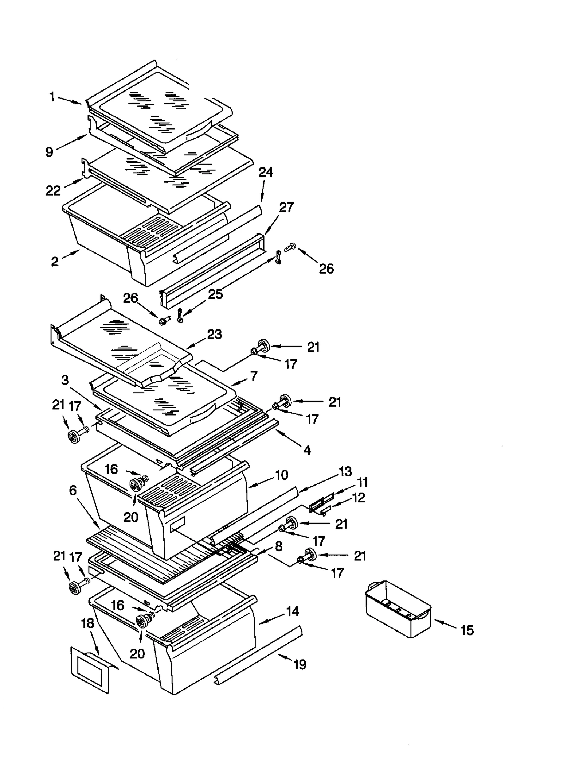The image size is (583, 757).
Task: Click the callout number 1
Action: [52, 97]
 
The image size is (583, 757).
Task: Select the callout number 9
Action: [49, 152]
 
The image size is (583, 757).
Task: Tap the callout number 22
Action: [53, 190]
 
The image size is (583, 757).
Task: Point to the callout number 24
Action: [266, 172]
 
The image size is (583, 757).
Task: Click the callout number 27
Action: [286, 207]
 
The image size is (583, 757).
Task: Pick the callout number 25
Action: [215, 294]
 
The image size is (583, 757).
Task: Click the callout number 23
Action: [214, 334]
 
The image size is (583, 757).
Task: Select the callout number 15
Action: [467, 630]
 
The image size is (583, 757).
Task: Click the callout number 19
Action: [300, 664]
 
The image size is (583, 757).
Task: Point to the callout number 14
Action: [293, 611]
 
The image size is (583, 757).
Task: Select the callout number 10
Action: [282, 475]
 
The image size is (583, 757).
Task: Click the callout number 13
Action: [345, 471]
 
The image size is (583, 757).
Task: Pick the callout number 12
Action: [359, 498]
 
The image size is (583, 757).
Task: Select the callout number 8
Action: [279, 546]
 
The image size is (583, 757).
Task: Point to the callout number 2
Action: [55, 262]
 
